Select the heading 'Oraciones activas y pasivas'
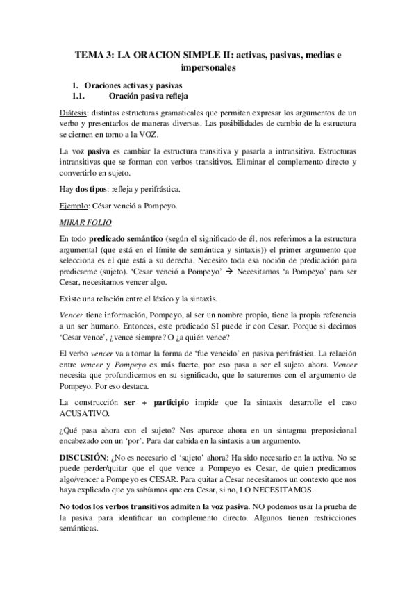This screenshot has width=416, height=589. (133, 84)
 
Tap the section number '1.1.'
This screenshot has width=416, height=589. (83, 95)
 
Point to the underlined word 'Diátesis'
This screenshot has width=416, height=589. (74, 111)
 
